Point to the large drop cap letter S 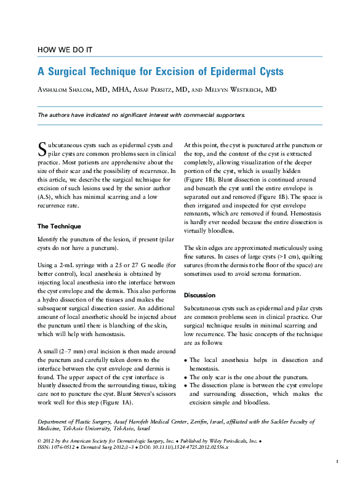coord(42,148)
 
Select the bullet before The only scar coord(186,377)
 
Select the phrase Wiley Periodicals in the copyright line coord(210,442)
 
